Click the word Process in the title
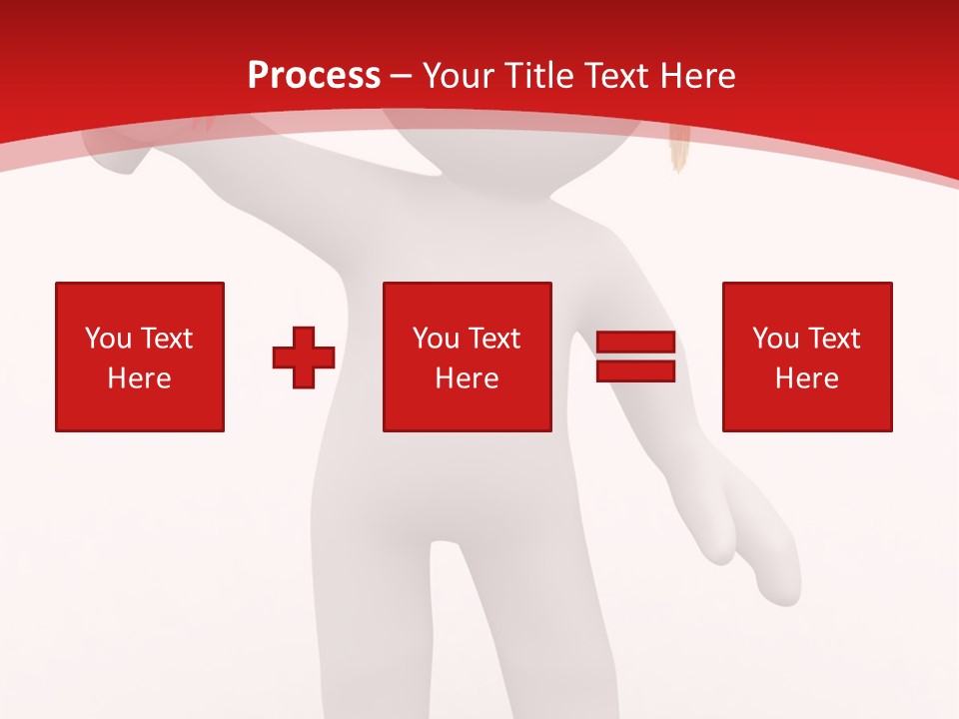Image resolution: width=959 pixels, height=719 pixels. pos(314,76)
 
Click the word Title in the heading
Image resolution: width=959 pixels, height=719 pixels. pos(540,76)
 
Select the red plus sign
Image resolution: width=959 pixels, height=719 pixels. pos(304,358)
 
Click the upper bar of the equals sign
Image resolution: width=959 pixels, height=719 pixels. pos(635,343)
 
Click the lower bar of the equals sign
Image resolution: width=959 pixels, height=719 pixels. pos(635,370)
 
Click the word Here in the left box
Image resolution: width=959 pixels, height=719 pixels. pos(140,378)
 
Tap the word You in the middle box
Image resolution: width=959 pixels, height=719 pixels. pos(435,339)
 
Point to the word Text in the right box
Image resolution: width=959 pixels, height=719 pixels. pos(832,339)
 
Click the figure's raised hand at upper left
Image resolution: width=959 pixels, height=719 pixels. pos(118,156)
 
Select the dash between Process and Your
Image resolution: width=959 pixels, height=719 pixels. pos(402,76)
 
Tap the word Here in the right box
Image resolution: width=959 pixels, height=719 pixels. pos(807,378)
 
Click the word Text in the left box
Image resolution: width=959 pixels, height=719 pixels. pos(165,339)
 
